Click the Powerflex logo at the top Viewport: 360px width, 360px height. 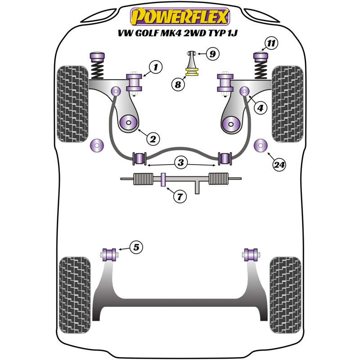(180, 17)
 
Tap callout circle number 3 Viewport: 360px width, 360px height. (181, 163)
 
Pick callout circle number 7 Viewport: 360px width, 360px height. (180, 196)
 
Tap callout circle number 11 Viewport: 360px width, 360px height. (270, 44)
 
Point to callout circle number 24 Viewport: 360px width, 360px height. (279, 165)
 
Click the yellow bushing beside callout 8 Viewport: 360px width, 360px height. (193, 72)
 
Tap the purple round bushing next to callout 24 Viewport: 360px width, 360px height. (261, 146)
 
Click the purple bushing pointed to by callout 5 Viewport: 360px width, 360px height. (109, 254)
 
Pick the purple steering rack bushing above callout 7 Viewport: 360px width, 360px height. (164, 180)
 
